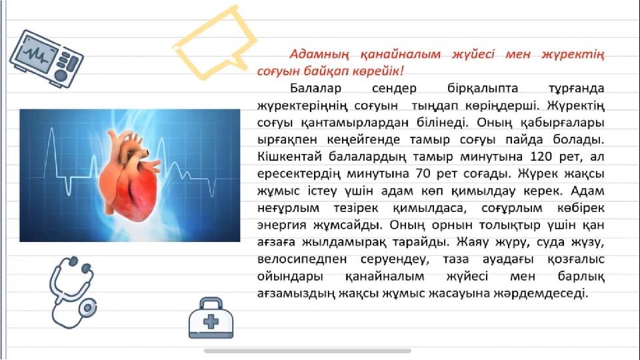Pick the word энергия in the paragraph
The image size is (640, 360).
click(x=281, y=225)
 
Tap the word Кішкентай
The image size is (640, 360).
click(x=290, y=156)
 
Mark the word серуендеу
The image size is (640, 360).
click(x=394, y=259)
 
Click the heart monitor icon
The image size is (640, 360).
click(x=46, y=59)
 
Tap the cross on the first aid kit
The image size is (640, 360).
click(x=211, y=321)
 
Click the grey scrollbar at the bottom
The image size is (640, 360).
click(x=307, y=351)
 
